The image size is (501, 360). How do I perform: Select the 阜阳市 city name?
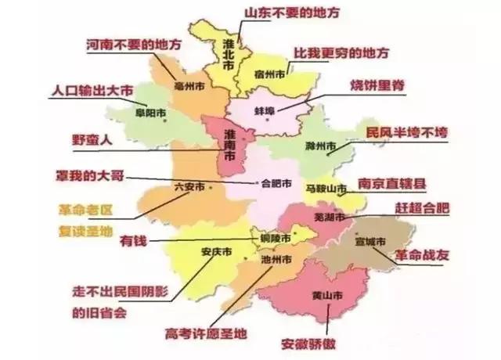point(150,113)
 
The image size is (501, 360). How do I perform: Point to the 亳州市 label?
point(190,85)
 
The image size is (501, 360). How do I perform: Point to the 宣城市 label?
point(370,242)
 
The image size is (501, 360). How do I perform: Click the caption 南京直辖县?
point(391,185)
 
